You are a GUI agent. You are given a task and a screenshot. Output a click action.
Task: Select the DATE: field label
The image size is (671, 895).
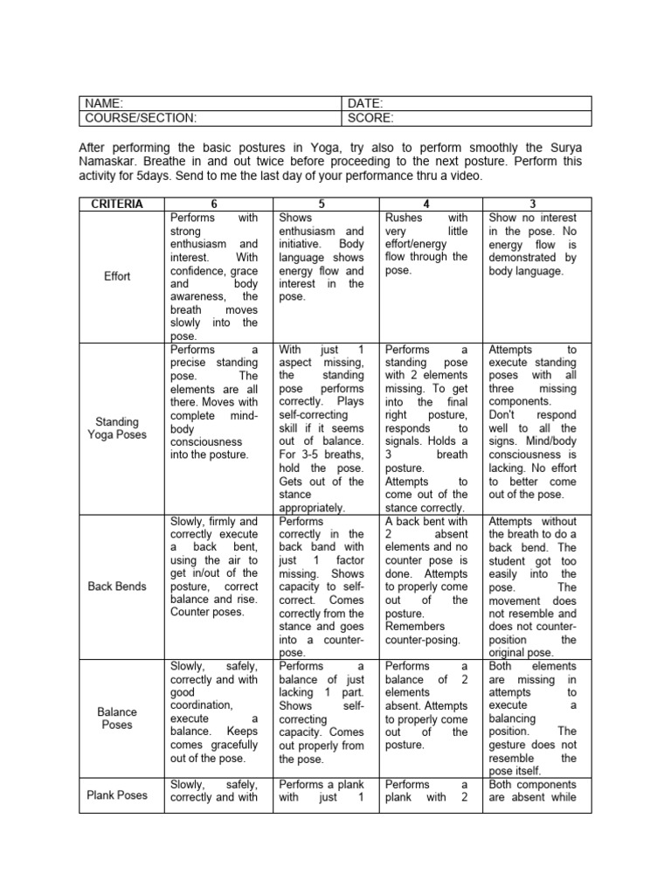click(x=366, y=103)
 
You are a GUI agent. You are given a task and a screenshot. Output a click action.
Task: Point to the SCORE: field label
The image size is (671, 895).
click(x=370, y=117)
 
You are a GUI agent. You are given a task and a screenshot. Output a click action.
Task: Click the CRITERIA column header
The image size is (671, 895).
click(x=117, y=204)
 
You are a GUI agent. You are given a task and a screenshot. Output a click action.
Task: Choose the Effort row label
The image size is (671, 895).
click(x=117, y=276)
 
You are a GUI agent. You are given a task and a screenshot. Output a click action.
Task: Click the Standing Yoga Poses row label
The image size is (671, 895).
click(x=117, y=428)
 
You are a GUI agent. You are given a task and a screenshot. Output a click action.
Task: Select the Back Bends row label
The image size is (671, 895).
click(x=117, y=586)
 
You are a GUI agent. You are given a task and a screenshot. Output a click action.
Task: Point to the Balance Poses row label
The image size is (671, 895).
click(x=117, y=718)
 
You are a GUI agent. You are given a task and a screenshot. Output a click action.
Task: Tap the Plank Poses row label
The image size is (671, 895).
click(x=117, y=795)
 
